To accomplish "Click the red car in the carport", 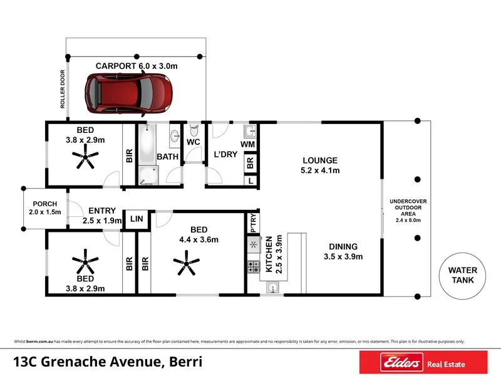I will click(128, 94).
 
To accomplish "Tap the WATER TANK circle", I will click(462, 275).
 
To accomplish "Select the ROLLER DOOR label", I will click(63, 89).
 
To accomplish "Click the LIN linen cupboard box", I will click(137, 219).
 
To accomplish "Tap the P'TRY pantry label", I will click(253, 223).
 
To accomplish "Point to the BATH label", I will click(168, 156).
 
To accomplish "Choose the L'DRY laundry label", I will click(225, 155).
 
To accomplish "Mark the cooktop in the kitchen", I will click(254, 268).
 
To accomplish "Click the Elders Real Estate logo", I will click(423, 363).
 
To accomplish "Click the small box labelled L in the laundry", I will click(250, 180).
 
